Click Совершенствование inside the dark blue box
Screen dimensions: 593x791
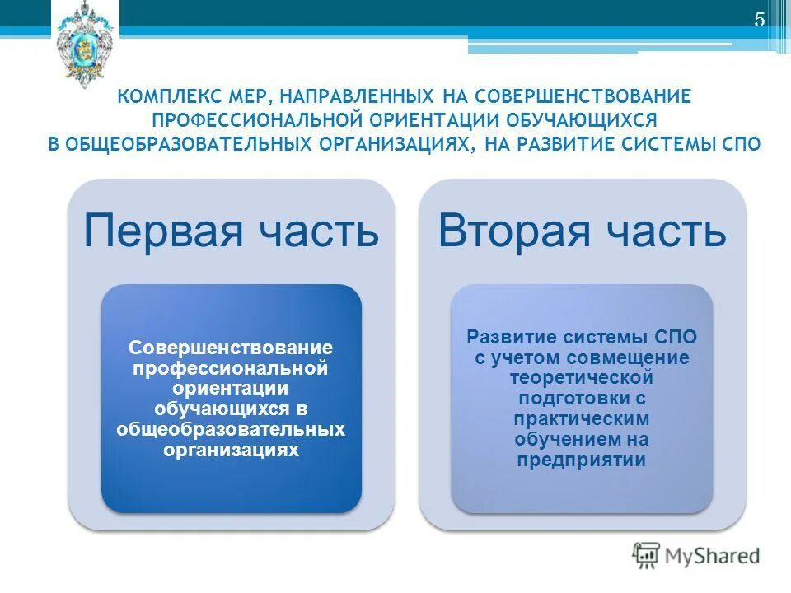point(231,347)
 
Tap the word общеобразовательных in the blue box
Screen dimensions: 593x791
point(231,430)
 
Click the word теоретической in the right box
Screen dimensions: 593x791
point(581,377)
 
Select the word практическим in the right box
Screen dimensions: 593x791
point(581,418)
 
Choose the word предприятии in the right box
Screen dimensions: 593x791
point(581,460)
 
